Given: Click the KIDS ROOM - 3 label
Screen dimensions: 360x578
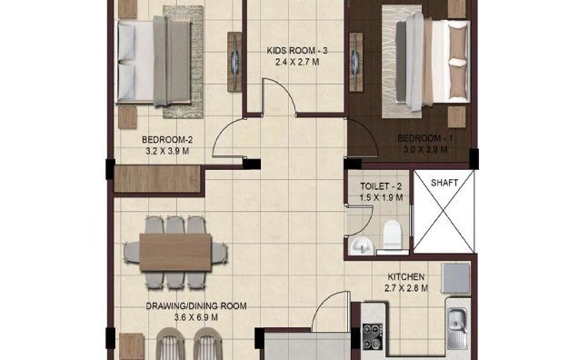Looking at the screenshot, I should coord(296,52).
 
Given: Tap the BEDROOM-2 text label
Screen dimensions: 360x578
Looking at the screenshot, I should coord(166,139).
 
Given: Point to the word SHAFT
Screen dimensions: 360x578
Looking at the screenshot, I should coord(444,181).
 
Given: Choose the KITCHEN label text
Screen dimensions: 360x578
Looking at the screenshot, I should coord(406,276).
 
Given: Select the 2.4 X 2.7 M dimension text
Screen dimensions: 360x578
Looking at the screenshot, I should coord(296,64).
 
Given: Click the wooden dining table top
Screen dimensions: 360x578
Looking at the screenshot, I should coord(178,248).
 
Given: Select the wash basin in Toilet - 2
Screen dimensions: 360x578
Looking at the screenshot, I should coord(361,244).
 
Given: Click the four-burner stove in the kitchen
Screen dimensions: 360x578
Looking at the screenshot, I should coord(374,336).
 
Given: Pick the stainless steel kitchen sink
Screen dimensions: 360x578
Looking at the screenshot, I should coord(456,321).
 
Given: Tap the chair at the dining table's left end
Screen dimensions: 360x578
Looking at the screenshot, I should coord(129,248).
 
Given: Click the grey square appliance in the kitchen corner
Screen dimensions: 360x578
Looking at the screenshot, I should coord(455,277).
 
